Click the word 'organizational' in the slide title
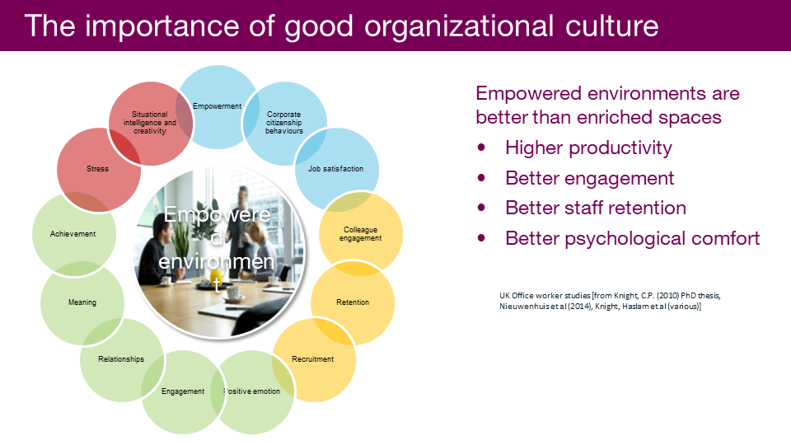[x=459, y=26]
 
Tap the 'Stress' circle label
[x=97, y=169]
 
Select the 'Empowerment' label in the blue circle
[x=217, y=106]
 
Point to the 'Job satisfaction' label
[x=335, y=169]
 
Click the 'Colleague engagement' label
[x=360, y=233]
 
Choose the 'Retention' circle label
[x=353, y=302]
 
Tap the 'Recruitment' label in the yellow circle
[x=313, y=359]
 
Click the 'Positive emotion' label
[x=252, y=391]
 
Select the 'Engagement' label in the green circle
[x=183, y=391]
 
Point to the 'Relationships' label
[x=121, y=359]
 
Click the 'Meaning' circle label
[x=82, y=302]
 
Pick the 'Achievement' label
[x=73, y=233]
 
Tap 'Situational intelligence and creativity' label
[x=150, y=123]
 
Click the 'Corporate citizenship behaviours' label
[x=284, y=123]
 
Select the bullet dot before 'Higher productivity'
[x=481, y=148]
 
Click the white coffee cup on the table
[x=233, y=293]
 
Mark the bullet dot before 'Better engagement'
[x=481, y=178]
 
